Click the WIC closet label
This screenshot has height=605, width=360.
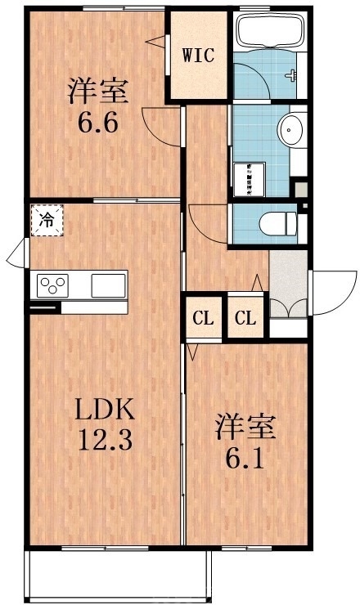pyautogui.click(x=197, y=56)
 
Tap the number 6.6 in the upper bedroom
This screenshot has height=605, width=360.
pyautogui.click(x=99, y=124)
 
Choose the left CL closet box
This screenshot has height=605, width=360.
pyautogui.click(x=204, y=318)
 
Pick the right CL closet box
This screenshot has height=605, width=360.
pyautogui.click(x=246, y=318)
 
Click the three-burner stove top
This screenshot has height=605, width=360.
pyautogui.click(x=52, y=285)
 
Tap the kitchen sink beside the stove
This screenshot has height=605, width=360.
pyautogui.click(x=107, y=285)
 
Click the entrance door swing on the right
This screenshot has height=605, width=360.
pyautogui.click(x=330, y=288)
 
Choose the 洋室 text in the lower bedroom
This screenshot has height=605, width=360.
pyautogui.click(x=246, y=425)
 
